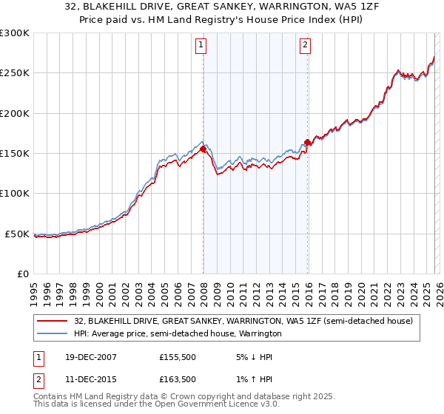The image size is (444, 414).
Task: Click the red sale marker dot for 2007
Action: click(203, 149)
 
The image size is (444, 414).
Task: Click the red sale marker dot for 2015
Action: click(308, 143)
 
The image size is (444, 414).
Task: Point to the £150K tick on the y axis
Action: click(15, 154)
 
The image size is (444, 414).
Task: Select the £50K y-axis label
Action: click(18, 234)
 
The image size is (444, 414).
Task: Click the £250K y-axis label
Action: click(15, 73)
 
